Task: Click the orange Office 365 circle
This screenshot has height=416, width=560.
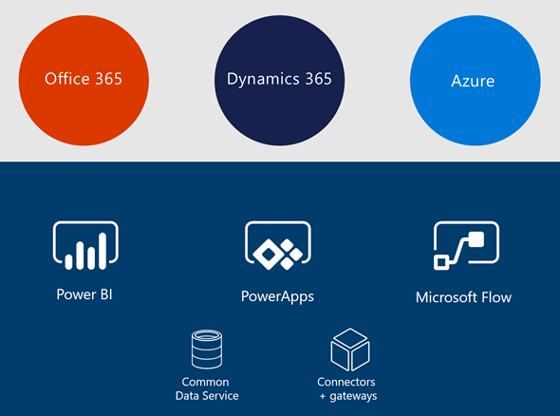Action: click(x=84, y=80)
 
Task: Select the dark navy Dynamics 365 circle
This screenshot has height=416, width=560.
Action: click(x=280, y=80)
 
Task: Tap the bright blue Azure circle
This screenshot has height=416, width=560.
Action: click(x=476, y=80)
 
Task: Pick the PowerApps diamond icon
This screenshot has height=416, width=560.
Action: click(x=278, y=246)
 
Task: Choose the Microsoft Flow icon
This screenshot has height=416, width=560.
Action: click(x=466, y=245)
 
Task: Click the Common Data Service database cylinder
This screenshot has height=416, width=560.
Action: click(x=207, y=350)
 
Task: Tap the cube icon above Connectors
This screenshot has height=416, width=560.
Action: click(x=350, y=350)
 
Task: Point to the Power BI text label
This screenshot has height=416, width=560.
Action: click(x=84, y=294)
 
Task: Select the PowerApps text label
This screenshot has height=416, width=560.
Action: click(x=277, y=296)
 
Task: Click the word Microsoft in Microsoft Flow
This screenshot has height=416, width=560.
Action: click(x=446, y=297)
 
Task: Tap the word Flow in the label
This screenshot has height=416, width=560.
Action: click(x=496, y=297)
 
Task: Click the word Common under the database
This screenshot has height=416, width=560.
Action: click(x=205, y=382)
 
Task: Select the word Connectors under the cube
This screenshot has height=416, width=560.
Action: click(x=346, y=382)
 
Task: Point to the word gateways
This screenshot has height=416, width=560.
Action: click(x=353, y=396)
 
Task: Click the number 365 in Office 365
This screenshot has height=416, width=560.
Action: click(x=108, y=79)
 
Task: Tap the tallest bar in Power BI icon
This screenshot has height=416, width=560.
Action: click(x=103, y=251)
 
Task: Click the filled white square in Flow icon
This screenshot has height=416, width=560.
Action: click(x=476, y=239)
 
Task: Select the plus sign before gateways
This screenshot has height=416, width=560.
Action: click(x=323, y=396)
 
